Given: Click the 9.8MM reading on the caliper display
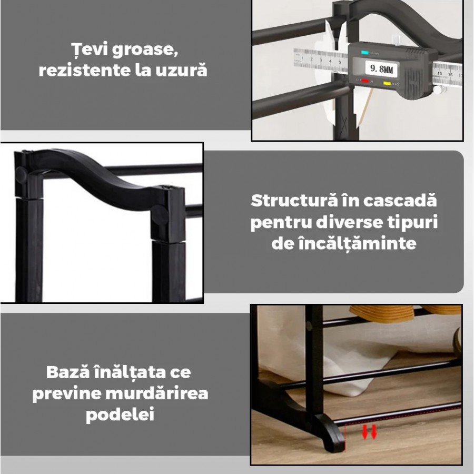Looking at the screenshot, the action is click(381, 69).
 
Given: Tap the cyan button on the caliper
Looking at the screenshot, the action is click(365, 53).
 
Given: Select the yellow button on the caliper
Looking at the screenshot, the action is click(387, 83).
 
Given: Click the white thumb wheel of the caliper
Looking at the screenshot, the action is click(439, 90).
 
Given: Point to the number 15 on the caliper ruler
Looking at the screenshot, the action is click(440, 73).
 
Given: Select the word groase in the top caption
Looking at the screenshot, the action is click(145, 50).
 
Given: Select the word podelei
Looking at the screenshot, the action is click(120, 414).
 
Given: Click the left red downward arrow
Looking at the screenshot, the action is click(365, 432).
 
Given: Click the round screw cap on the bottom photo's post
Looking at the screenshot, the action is click(309, 326).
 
